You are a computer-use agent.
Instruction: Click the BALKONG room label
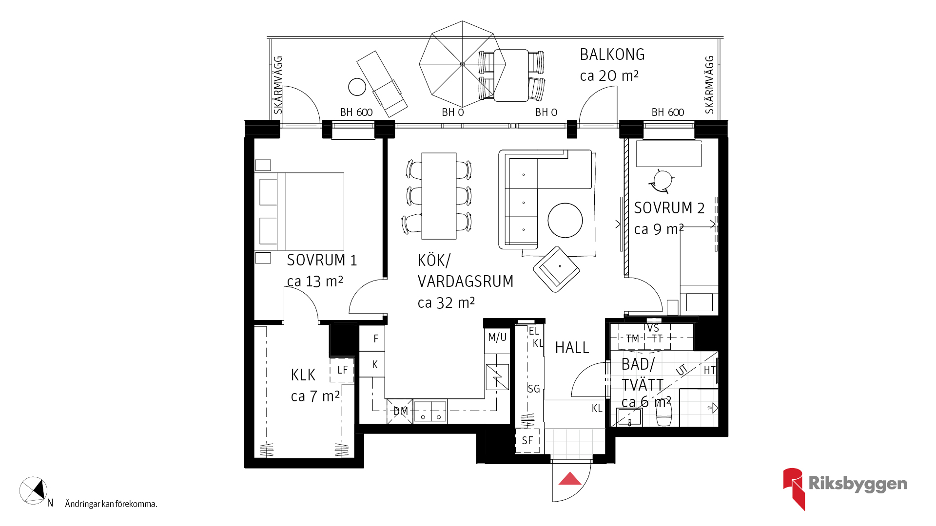pyautogui.click(x=612, y=55)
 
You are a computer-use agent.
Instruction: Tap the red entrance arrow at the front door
pyautogui.click(x=570, y=479)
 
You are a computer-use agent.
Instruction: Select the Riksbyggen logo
pyautogui.click(x=845, y=488)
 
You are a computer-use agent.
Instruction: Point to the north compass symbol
pyautogui.click(x=34, y=490)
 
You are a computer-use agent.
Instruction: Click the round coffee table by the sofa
pyautogui.click(x=565, y=220)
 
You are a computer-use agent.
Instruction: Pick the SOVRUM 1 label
pyautogui.click(x=322, y=261)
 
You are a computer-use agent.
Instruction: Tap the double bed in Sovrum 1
pyautogui.click(x=299, y=211)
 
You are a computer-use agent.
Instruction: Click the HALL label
pyautogui.click(x=572, y=348)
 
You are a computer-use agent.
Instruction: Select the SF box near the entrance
pyautogui.click(x=527, y=440)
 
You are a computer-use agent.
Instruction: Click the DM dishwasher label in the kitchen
pyautogui.click(x=401, y=412)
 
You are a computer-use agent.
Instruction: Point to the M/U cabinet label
pyautogui.click(x=497, y=338)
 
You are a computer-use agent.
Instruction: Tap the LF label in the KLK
pyautogui.click(x=343, y=370)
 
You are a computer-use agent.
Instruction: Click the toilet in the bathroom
pyautogui.click(x=664, y=414)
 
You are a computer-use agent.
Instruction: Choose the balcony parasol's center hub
pyautogui.click(x=463, y=64)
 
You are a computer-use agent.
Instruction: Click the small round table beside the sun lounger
pyautogui.click(x=357, y=87)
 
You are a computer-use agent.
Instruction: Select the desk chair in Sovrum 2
pyautogui.click(x=662, y=181)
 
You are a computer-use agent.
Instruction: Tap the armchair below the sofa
pyautogui.click(x=556, y=269)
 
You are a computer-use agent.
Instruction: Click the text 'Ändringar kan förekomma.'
pyautogui.click(x=111, y=504)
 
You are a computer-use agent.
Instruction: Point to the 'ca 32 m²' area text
pyautogui.click(x=446, y=303)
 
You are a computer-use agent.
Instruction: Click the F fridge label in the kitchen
pyautogui.click(x=376, y=338)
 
